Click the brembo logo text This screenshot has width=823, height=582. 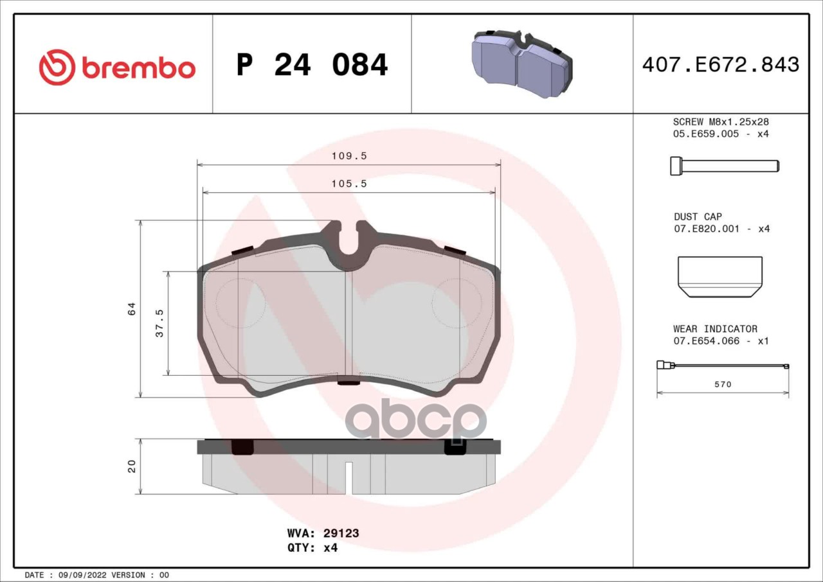138,68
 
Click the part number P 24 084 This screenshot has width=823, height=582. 312,65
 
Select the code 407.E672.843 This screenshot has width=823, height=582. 721,65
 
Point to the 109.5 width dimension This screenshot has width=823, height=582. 349,156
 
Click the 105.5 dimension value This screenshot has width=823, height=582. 349,184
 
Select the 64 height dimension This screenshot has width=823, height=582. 131,308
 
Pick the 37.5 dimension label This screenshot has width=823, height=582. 159,323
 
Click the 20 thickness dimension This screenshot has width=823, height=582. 131,466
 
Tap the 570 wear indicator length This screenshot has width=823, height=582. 723,384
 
